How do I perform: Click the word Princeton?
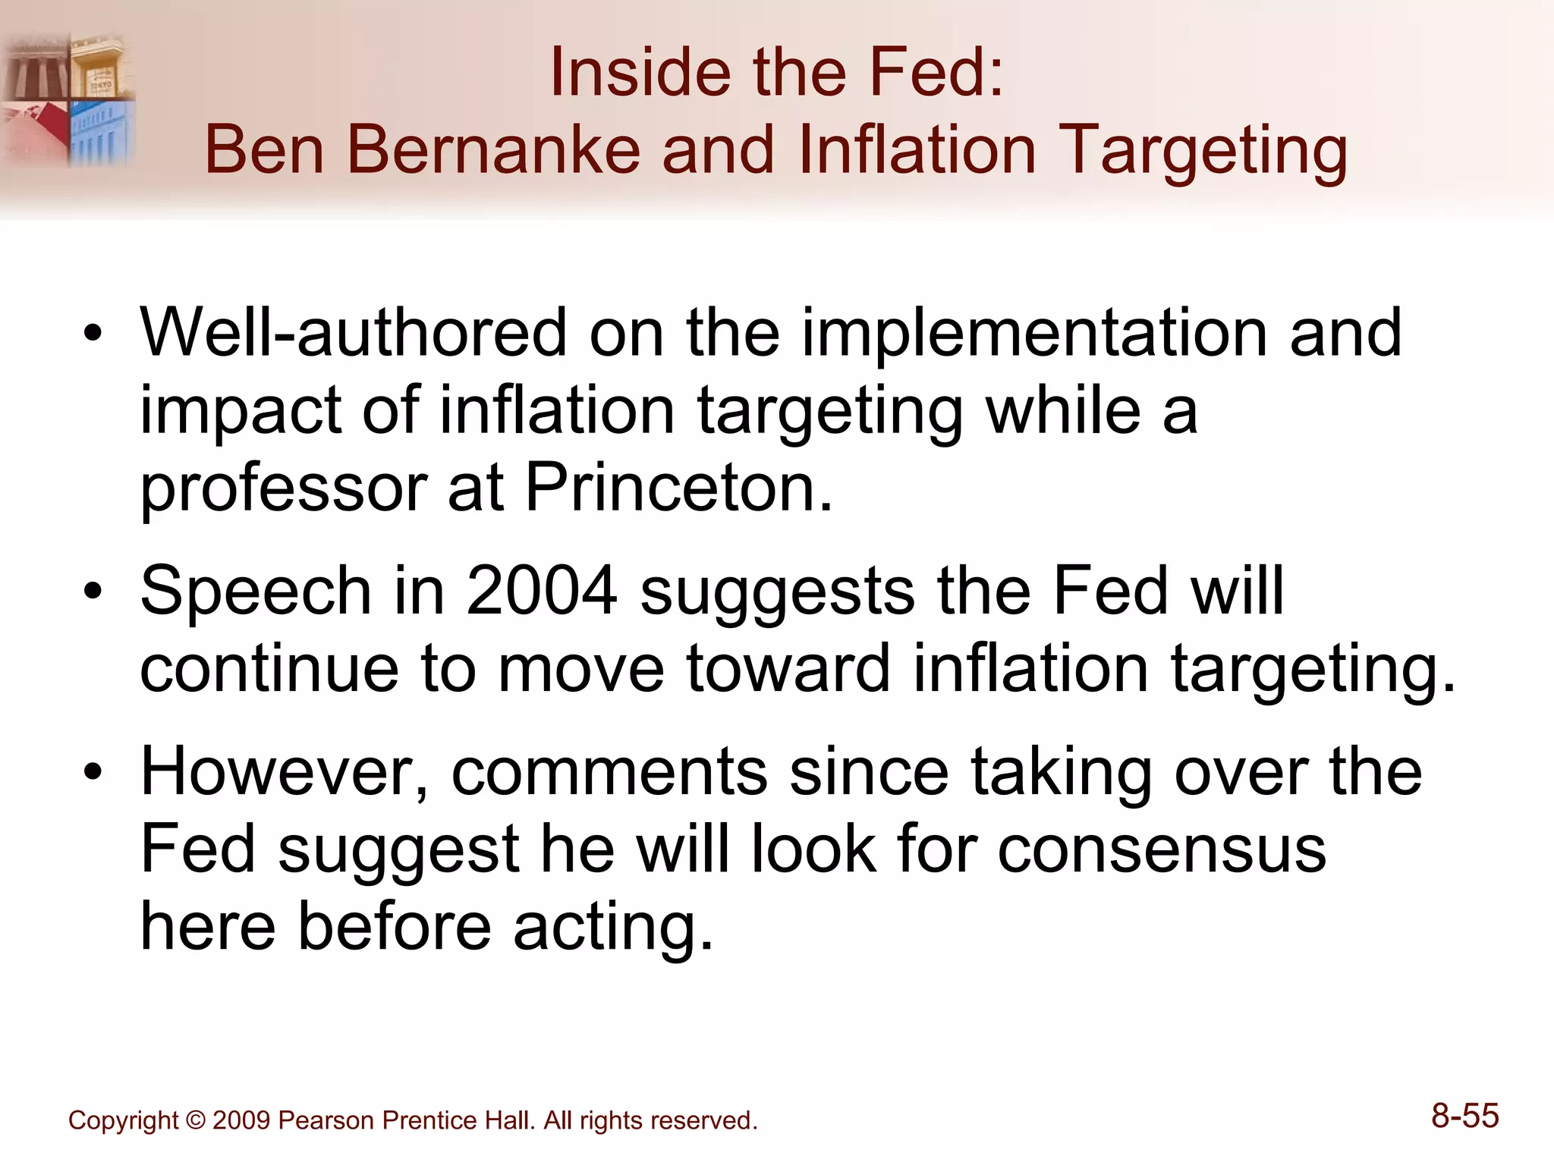(x=679, y=487)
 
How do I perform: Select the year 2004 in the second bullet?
(x=542, y=591)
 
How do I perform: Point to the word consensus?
(x=1162, y=849)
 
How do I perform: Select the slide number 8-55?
(x=1464, y=1116)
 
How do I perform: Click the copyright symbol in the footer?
(x=195, y=1120)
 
